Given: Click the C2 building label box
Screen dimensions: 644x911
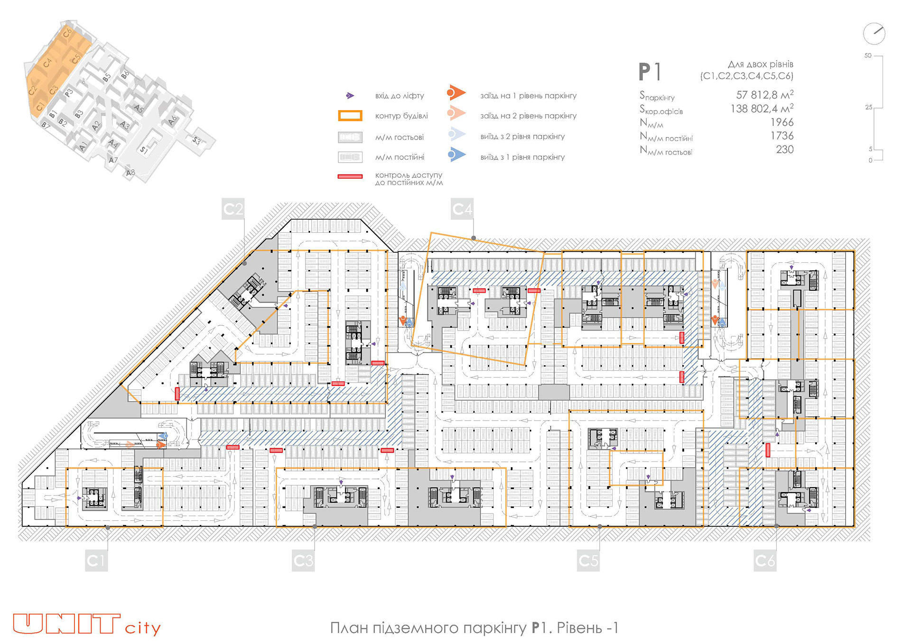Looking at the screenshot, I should pyautogui.click(x=233, y=209).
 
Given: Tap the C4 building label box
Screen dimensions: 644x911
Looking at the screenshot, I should pyautogui.click(x=462, y=209).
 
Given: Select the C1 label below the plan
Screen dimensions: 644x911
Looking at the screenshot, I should pyautogui.click(x=96, y=561).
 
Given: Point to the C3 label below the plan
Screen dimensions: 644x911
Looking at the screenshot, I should pyautogui.click(x=304, y=561).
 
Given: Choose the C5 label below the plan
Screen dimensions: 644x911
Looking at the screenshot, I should pyautogui.click(x=588, y=561).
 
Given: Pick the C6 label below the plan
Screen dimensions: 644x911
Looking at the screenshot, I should pyautogui.click(x=765, y=561).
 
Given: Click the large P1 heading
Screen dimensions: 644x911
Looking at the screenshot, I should pyautogui.click(x=650, y=73).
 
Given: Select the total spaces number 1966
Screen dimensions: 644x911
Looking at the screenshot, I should pyautogui.click(x=781, y=122).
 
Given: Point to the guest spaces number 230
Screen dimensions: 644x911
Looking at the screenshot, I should pyautogui.click(x=784, y=149).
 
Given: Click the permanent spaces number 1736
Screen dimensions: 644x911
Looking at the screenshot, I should pyautogui.click(x=781, y=136).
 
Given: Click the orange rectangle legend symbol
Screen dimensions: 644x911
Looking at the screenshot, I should pyautogui.click(x=350, y=116).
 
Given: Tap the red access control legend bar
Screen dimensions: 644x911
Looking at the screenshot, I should pyautogui.click(x=350, y=176).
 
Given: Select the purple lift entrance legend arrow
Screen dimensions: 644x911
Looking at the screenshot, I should pyautogui.click(x=350, y=96).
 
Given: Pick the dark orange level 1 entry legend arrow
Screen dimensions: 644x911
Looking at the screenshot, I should pyautogui.click(x=456, y=93).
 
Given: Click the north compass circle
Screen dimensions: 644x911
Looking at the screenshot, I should pyautogui.click(x=874, y=34).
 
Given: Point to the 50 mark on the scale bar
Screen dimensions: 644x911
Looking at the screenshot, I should pyautogui.click(x=868, y=55).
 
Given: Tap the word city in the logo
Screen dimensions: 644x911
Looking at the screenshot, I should pyautogui.click(x=143, y=628).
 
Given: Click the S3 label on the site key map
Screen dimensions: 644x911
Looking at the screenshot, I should pyautogui.click(x=196, y=140).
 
